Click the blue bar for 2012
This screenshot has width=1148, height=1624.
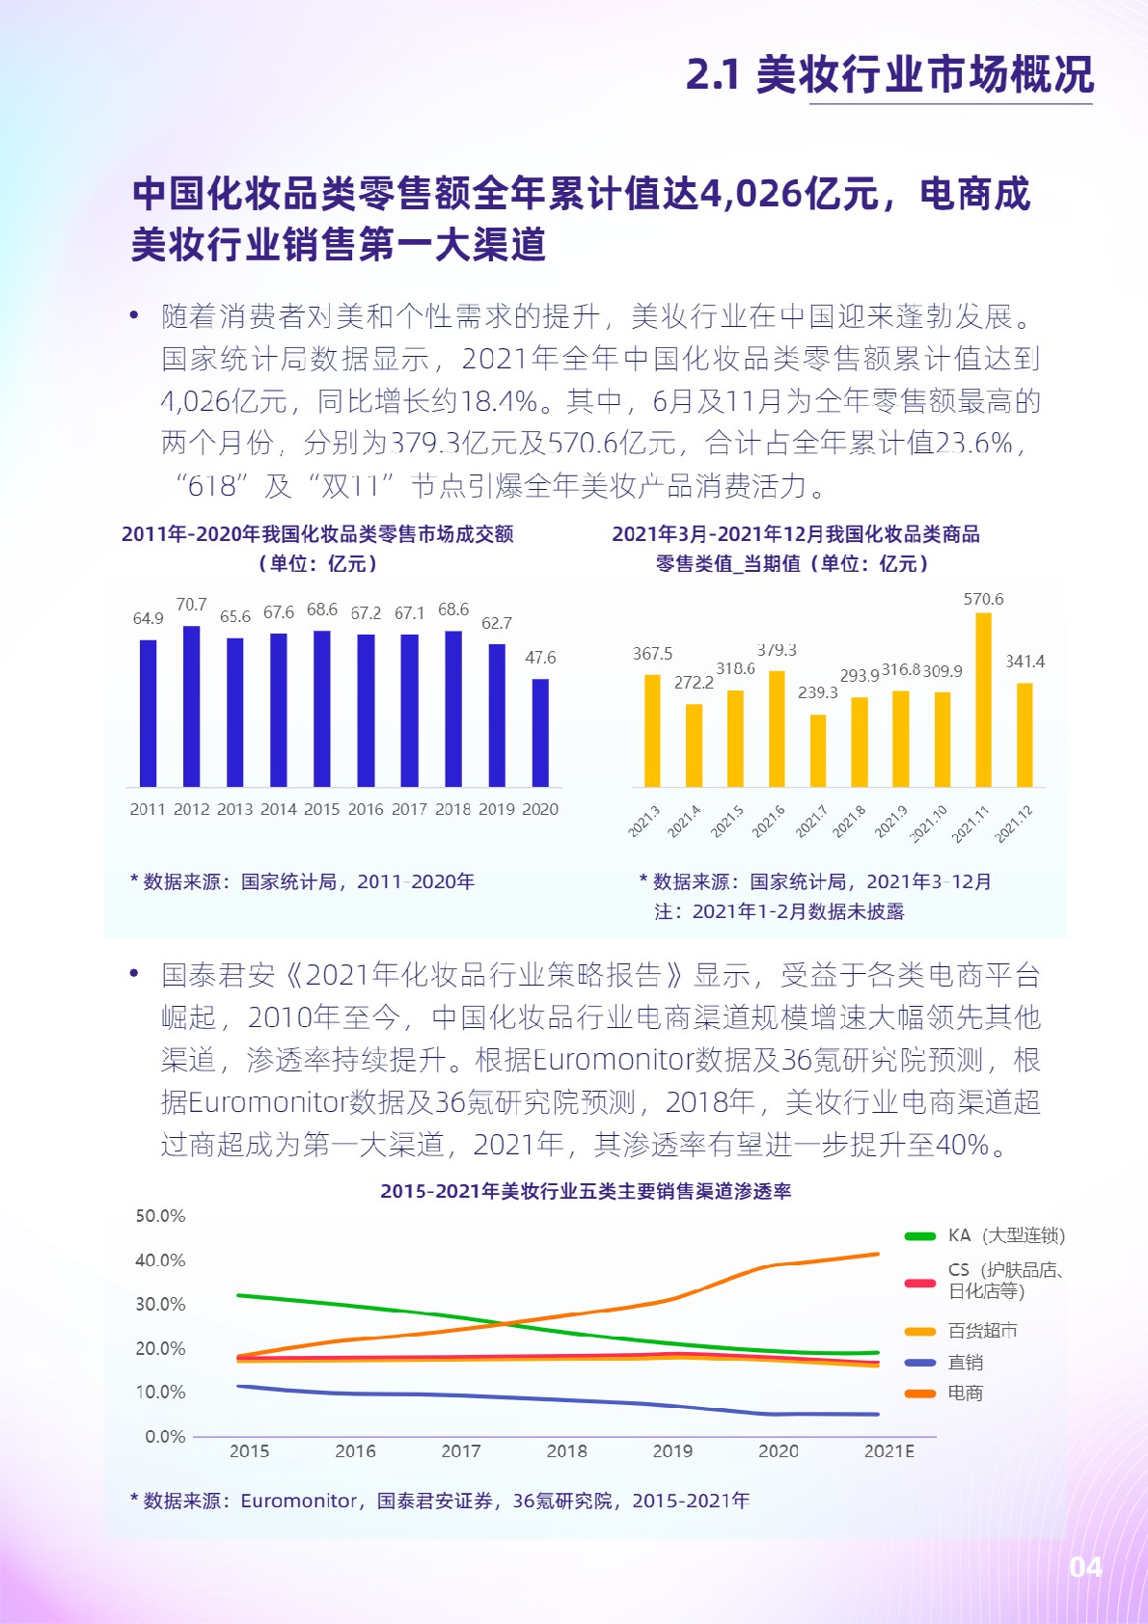pos(191,706)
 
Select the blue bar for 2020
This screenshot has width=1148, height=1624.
pos(540,733)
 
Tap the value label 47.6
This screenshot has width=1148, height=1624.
pos(540,658)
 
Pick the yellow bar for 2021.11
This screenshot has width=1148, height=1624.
pos(983,700)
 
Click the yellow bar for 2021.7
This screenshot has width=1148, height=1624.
pos(818,750)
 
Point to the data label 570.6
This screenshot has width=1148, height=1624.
pos(983,599)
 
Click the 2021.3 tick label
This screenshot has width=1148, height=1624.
pos(644,821)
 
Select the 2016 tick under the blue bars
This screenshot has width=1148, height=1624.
pos(366,809)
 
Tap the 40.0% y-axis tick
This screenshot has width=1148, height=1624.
pos(160,1260)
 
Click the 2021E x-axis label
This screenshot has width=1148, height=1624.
pos(888,1451)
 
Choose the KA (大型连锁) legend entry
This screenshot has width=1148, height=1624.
pos(1004,1235)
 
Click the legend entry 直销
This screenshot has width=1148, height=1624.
pos(965,1363)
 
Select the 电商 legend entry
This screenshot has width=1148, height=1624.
pos(965,1393)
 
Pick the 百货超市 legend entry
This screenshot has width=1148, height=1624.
pos(982,1331)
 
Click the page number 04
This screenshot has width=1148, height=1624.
pos(1085,1567)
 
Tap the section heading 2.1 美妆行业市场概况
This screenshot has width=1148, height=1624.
pos(889,74)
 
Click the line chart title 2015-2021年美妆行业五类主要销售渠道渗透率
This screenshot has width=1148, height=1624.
pos(586,1191)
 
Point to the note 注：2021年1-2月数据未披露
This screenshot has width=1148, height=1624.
pos(779,911)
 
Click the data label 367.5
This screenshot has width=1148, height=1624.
pos(652,654)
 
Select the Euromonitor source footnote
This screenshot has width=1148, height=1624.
pos(439,1501)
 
